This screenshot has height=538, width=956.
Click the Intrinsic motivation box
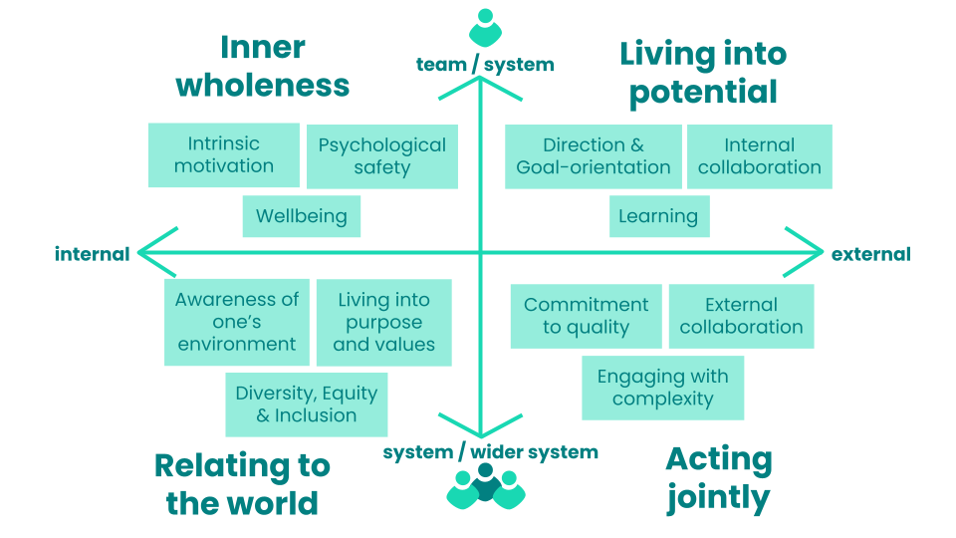(223, 154)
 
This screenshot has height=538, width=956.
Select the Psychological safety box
(382, 156)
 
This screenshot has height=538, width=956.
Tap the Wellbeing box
(301, 216)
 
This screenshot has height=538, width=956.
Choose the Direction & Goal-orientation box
(594, 156)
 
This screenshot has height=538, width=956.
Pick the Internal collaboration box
(760, 156)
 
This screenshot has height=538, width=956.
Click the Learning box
(658, 216)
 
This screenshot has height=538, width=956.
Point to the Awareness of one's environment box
(237, 322)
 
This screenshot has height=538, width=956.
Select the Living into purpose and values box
(383, 322)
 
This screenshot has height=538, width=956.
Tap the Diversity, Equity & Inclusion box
(307, 404)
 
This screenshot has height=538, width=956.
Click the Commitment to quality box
(586, 316)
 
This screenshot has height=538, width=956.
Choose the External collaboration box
(741, 316)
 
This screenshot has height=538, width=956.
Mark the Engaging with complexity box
(662, 388)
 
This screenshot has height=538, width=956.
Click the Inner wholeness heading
(263, 66)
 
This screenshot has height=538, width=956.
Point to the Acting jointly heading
(718, 478)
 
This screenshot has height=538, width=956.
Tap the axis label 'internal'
(92, 254)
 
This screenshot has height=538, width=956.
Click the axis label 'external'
(871, 254)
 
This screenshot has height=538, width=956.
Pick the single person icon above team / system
(485, 27)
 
